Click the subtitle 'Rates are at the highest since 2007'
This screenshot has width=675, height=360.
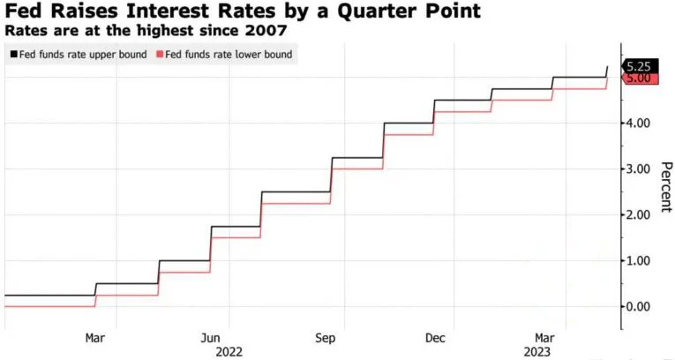click(146, 31)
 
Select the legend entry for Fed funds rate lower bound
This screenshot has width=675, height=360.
click(224, 55)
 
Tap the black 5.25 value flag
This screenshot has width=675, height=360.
click(637, 66)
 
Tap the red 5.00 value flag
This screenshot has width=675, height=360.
click(637, 79)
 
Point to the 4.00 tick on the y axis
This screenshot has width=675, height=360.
click(637, 123)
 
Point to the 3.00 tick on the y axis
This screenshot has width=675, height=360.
click(637, 169)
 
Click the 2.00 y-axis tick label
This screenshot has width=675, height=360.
click(637, 214)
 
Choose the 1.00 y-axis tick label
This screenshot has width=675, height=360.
click(637, 260)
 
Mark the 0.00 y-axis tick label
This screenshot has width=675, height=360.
click(637, 306)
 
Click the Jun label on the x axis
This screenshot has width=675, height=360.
click(211, 338)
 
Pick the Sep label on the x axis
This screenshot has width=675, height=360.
click(326, 338)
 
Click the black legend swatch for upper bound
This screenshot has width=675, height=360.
click(12, 55)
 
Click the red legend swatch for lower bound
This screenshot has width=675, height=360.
click(159, 55)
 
